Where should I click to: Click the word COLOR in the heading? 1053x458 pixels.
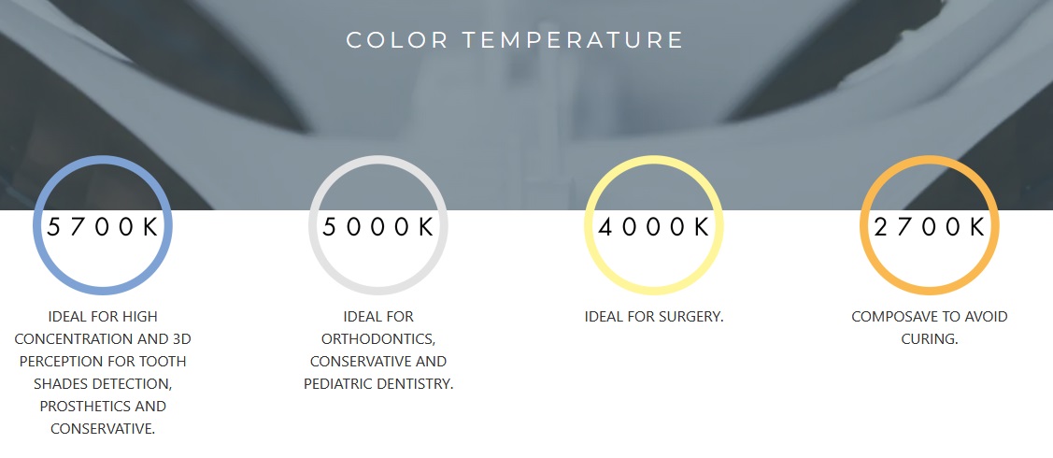click(397, 40)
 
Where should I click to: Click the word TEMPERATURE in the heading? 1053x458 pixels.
click(573, 40)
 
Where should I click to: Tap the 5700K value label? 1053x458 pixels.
click(103, 227)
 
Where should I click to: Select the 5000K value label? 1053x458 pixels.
click(378, 227)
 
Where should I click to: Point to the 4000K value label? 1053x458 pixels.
click(654, 227)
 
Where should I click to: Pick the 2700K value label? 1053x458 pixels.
click(930, 227)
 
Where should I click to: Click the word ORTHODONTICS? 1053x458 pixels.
click(378, 339)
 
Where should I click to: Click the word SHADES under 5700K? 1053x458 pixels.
click(63, 384)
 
